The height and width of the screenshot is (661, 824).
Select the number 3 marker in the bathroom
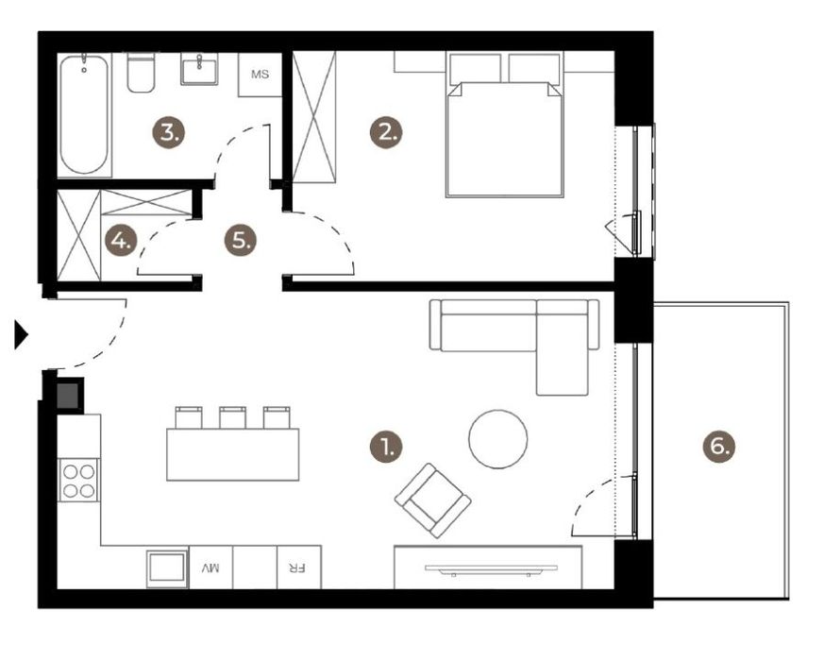pos(170,132)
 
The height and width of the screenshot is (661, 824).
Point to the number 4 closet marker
pos(121,241)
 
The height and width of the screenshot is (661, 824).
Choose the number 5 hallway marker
pos(241,240)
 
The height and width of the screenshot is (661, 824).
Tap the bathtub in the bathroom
pos(85,114)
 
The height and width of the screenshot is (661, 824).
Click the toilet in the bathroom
pos(141,74)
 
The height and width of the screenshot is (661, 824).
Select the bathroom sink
pos(199,69)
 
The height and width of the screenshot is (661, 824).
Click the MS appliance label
pos(260,75)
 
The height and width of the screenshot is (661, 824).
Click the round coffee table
pos(497,439)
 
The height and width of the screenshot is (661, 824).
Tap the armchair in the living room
pos(433,500)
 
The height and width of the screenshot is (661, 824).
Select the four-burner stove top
pos(78,480)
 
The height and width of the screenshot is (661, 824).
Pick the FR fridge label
pos(297,568)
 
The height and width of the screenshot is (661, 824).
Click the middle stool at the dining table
pos(232,417)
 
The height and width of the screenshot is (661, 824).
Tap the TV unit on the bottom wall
pos(486,568)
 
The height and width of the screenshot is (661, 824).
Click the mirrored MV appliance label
pos(210,568)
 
